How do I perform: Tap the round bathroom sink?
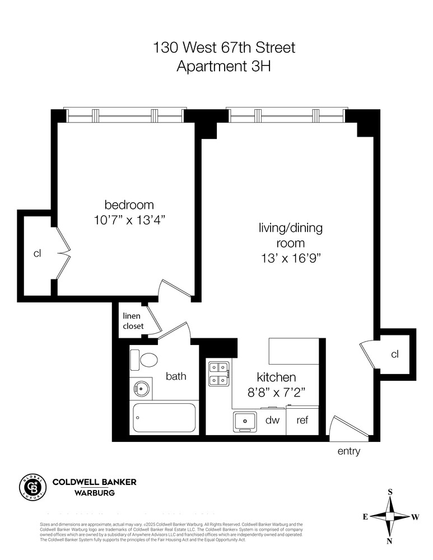pyautogui.click(x=141, y=388)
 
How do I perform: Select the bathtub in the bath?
pyautogui.click(x=164, y=418)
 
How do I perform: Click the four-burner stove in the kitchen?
pyautogui.click(x=218, y=374)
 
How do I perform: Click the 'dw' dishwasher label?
pyautogui.click(x=272, y=420)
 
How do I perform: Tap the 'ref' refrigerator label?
pyautogui.click(x=302, y=420)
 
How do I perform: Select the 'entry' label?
pyautogui.click(x=348, y=451)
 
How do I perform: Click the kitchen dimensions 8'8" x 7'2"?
pyautogui.click(x=276, y=393)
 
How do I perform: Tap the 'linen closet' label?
pyautogui.click(x=133, y=321)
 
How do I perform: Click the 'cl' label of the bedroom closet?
pyautogui.click(x=37, y=254)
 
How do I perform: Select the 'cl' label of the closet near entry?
pyautogui.click(x=395, y=354)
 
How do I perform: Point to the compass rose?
pyautogui.click(x=390, y=516)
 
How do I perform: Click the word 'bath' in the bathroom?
pyautogui.click(x=175, y=376)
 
